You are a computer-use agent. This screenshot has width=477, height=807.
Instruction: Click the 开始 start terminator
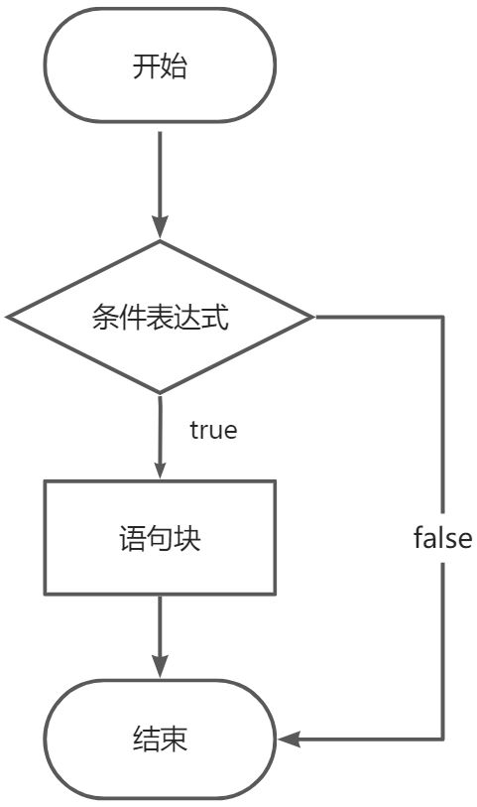[160, 66]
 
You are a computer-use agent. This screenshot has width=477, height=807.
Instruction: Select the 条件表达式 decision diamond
[160, 317]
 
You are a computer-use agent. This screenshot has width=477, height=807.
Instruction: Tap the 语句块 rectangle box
[160, 538]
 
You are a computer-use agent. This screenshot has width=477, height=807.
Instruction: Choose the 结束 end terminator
[160, 740]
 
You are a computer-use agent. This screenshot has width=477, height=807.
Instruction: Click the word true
[213, 430]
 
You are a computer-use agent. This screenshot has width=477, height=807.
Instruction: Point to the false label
[442, 538]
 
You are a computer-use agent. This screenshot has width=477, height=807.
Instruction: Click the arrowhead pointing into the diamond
[160, 228]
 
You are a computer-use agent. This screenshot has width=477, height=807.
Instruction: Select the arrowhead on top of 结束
[160, 667]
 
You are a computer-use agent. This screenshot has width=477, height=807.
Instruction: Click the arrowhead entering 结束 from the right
[289, 740]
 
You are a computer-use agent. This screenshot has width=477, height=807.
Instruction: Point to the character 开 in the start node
[146, 67]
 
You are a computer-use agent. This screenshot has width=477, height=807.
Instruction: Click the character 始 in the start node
[174, 67]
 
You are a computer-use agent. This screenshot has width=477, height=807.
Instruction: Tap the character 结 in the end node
[146, 740]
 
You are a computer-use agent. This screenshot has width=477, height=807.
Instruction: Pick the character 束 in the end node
[174, 740]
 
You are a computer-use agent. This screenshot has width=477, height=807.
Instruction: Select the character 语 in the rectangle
[132, 538]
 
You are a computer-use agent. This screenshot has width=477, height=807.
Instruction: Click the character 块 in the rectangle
[187, 538]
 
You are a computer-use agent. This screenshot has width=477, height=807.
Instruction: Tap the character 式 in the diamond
[215, 317]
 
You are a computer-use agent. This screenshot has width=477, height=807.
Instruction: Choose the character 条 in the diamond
[105, 317]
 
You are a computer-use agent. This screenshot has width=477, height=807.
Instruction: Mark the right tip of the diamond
[313, 317]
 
